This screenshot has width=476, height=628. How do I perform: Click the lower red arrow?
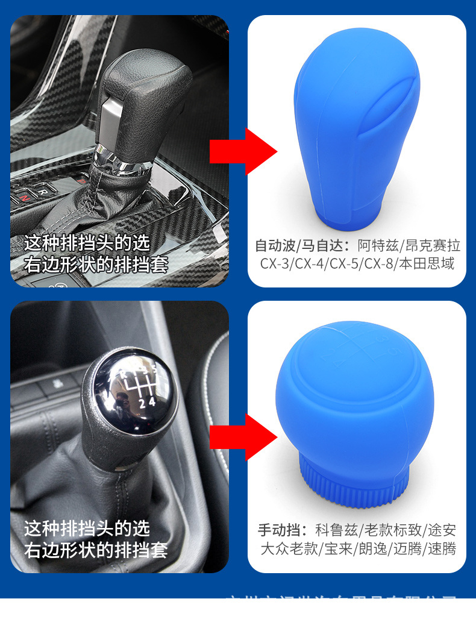(x=241, y=436)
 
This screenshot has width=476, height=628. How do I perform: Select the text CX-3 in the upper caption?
(x=274, y=263)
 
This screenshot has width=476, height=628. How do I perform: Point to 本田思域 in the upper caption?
(x=433, y=263)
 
